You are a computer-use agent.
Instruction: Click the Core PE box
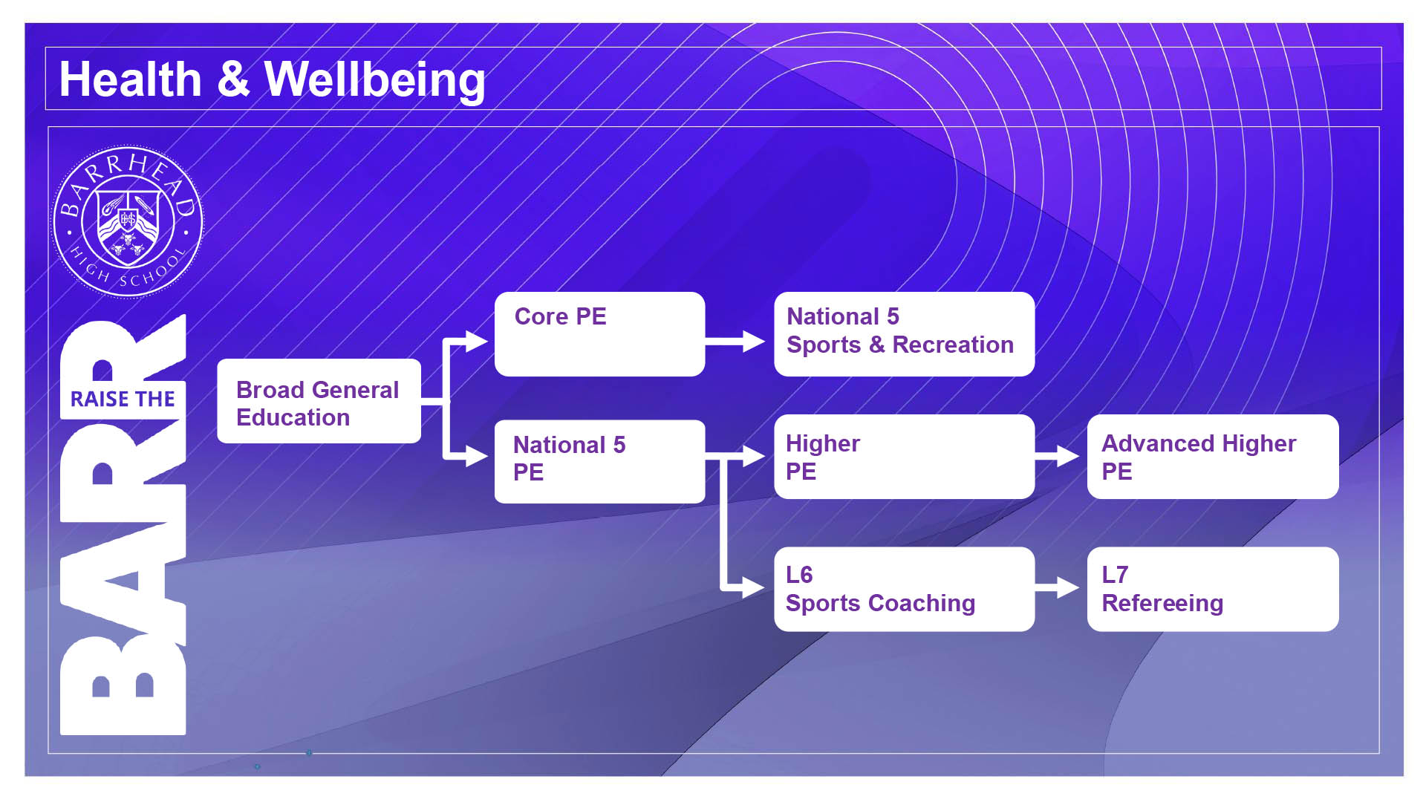tap(599, 334)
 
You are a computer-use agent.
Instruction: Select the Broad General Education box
tap(319, 401)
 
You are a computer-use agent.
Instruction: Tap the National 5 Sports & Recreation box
tap(904, 334)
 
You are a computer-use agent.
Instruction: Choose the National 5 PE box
tap(599, 462)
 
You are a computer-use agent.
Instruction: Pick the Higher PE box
tap(904, 457)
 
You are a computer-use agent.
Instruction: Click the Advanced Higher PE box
tap(1213, 457)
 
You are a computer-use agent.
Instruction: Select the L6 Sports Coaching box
tap(904, 590)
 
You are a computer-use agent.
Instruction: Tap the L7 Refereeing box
tap(1213, 590)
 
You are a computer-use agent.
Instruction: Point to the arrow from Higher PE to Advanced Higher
tap(1057, 456)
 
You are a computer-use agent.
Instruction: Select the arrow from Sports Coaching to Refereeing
tap(1057, 588)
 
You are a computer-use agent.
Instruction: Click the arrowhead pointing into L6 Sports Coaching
tap(754, 588)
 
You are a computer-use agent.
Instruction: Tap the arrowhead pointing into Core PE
tap(477, 342)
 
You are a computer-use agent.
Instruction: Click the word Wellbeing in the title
tap(375, 80)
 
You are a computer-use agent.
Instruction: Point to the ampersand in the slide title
tap(233, 79)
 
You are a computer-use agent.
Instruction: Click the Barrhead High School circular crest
tap(128, 221)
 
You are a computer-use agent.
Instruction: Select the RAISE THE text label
tap(123, 400)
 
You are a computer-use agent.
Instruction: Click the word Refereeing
tap(1162, 603)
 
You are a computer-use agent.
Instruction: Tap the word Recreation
tap(953, 345)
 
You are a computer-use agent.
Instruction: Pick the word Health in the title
tap(131, 79)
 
